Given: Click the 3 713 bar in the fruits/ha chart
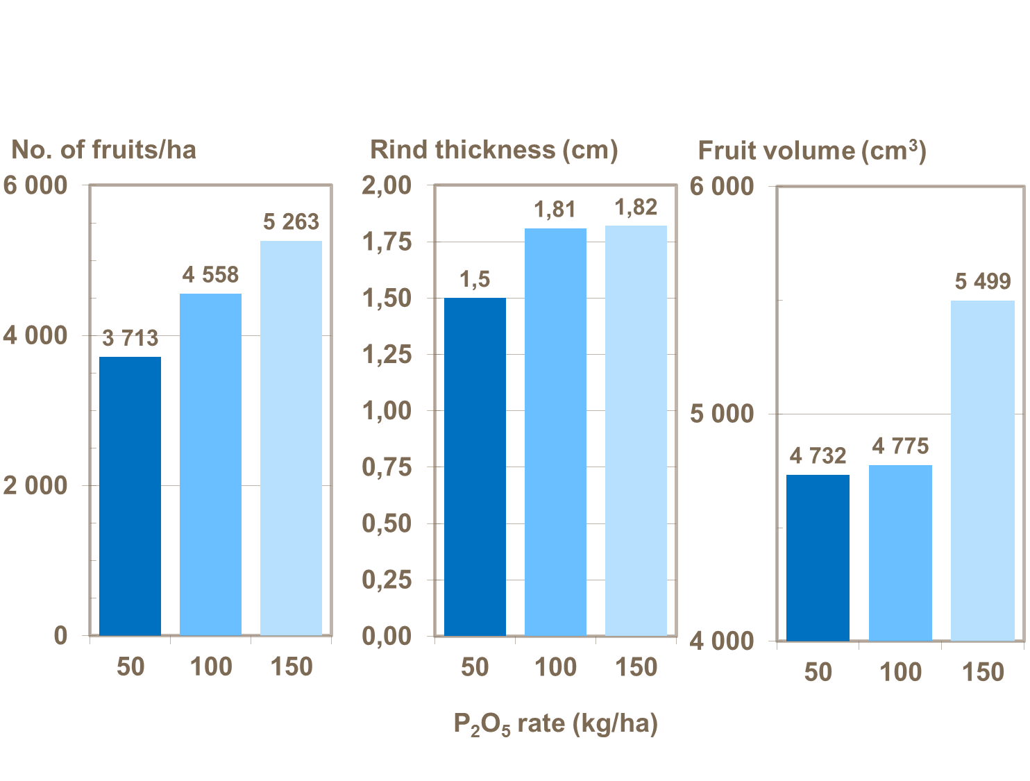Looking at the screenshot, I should click(x=130, y=496).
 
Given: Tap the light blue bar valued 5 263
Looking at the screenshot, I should click(x=291, y=437).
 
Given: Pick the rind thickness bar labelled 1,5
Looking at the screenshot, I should click(x=475, y=467).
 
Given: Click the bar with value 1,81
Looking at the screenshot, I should click(x=555, y=432).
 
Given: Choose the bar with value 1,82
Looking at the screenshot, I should click(x=636, y=430).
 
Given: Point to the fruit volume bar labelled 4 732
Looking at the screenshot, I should click(x=818, y=557).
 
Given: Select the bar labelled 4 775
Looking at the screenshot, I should click(x=900, y=553).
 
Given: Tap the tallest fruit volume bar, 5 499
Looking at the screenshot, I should click(x=982, y=470).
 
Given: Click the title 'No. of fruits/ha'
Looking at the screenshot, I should click(x=104, y=150).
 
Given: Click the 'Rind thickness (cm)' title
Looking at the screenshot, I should click(x=493, y=150).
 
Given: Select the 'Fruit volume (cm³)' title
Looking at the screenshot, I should click(x=811, y=151).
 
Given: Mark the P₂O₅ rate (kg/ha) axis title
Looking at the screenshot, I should click(x=555, y=724).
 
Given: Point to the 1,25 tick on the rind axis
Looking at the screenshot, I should click(x=387, y=355).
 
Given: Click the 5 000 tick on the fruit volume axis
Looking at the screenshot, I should click(x=722, y=414).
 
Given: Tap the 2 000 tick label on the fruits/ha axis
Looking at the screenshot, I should click(x=35, y=486).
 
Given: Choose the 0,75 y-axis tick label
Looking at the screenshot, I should click(x=387, y=467).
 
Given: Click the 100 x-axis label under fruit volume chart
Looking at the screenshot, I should click(x=900, y=672).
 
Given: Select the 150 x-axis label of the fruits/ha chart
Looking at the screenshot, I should click(x=292, y=667).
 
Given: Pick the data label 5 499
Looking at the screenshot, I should click(x=983, y=282).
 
